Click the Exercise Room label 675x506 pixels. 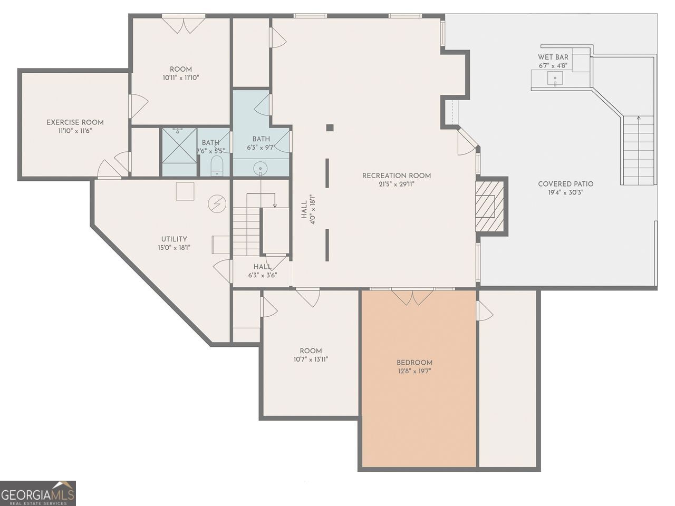click(75, 122)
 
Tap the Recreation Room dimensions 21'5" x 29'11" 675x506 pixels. click(397, 184)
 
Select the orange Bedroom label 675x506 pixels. click(414, 363)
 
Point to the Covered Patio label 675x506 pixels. click(565, 184)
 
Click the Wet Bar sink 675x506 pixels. click(555, 79)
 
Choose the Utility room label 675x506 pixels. click(174, 239)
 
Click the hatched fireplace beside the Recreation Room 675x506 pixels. click(489, 206)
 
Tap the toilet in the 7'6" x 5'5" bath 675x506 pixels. click(217, 166)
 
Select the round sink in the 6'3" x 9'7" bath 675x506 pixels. click(261, 169)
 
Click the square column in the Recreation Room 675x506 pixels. click(330, 128)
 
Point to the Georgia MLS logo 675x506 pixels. click(37, 493)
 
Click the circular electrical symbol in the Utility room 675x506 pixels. click(217, 203)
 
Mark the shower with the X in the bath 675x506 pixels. click(179, 145)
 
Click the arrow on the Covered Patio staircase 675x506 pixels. click(639, 151)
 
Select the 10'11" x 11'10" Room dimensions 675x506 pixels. click(181, 77)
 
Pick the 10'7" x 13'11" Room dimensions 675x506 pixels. click(311, 359)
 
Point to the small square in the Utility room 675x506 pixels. click(185, 191)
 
